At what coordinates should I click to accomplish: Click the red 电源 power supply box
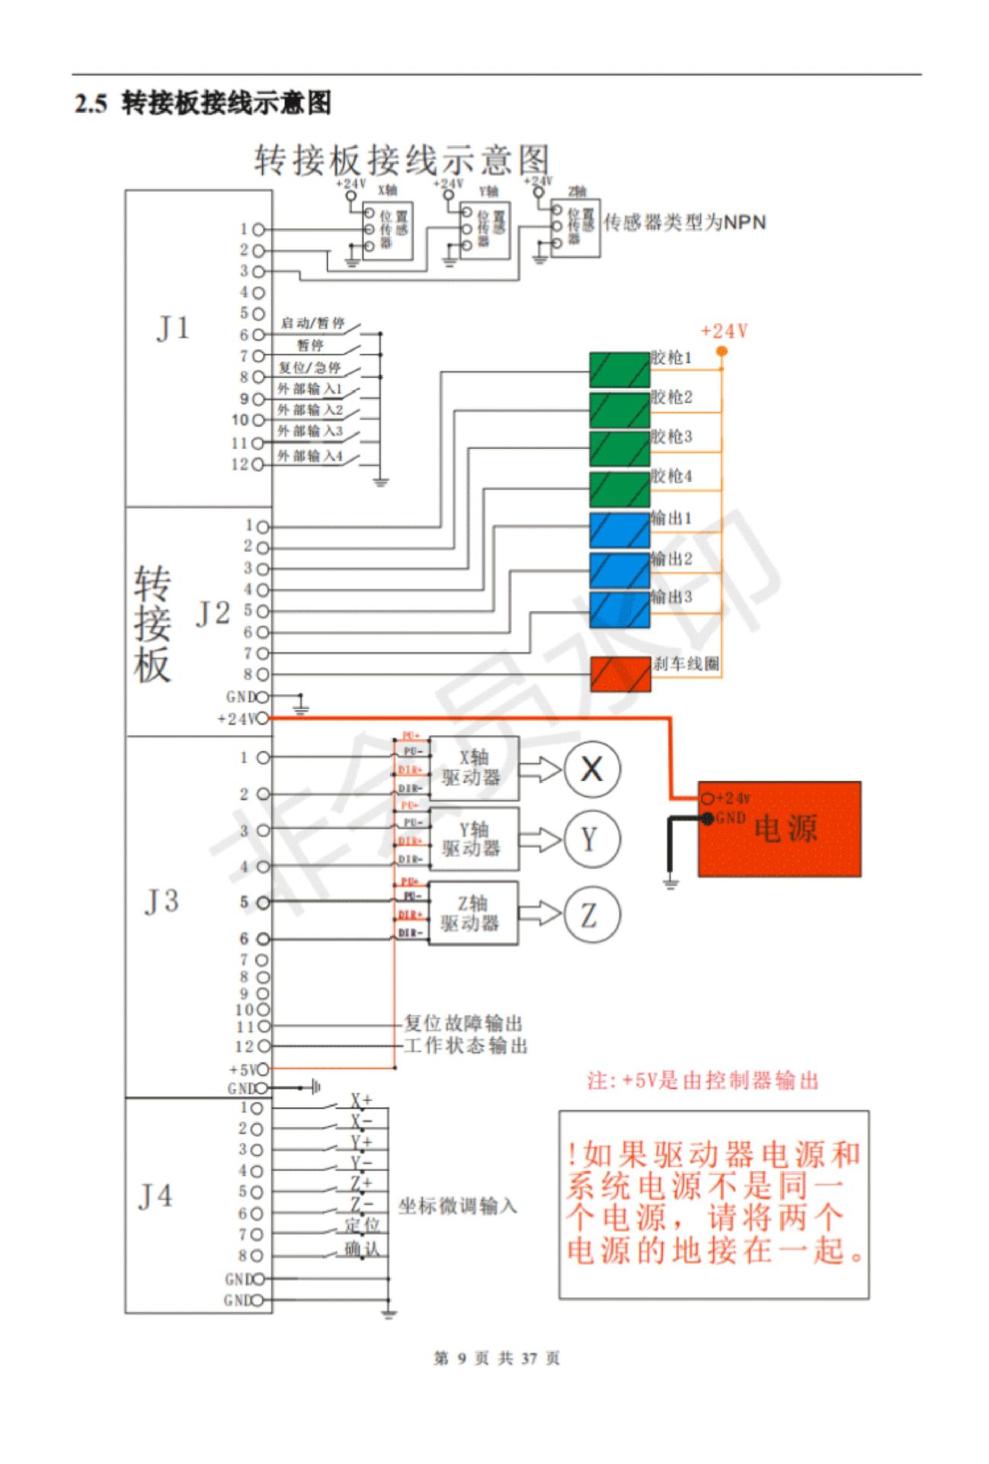[x=779, y=829]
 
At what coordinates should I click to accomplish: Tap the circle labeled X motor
[x=592, y=769]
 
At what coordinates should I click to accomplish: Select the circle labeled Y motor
[x=592, y=840]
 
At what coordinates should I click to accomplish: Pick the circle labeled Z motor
[x=592, y=914]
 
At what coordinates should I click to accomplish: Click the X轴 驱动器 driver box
[x=474, y=768]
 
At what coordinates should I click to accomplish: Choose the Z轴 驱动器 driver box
[x=473, y=913]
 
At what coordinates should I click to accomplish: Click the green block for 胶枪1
[x=619, y=370]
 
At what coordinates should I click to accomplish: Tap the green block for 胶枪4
[x=619, y=489]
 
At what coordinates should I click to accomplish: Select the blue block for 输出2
[x=619, y=570]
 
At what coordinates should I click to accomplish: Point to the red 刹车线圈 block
[x=620, y=674]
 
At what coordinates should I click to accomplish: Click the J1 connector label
[x=173, y=329]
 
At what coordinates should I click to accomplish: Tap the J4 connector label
[x=155, y=1196]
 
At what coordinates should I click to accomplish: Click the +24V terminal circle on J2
[x=262, y=718]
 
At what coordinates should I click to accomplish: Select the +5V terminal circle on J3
[x=262, y=1069]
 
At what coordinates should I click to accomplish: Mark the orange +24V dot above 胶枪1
[x=722, y=352]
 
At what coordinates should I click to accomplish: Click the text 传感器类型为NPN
[x=684, y=223]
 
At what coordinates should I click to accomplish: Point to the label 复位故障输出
[x=463, y=1023]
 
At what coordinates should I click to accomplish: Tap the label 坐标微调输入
[x=457, y=1206]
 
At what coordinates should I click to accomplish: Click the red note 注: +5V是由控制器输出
[x=702, y=1080]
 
